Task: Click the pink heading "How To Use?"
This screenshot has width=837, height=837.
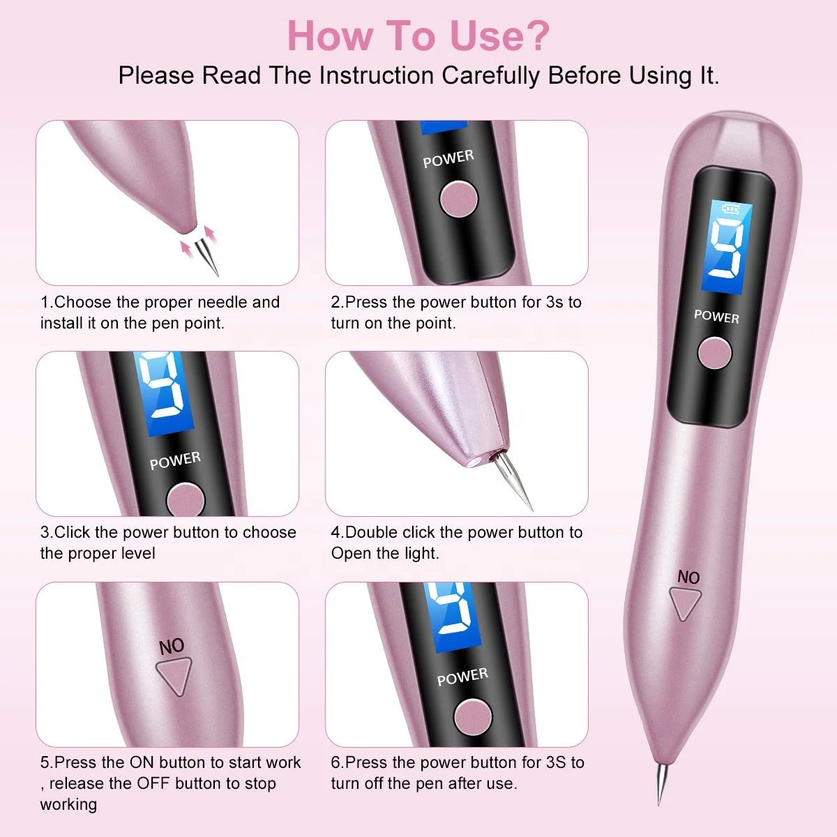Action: click(x=418, y=36)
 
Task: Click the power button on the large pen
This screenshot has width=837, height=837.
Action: click(x=714, y=353)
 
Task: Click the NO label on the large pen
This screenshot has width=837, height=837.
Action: click(x=688, y=577)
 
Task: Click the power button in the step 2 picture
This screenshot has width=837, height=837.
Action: click(x=458, y=197)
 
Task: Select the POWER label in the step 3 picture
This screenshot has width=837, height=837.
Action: click(x=175, y=460)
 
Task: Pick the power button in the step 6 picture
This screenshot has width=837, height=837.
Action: click(x=473, y=717)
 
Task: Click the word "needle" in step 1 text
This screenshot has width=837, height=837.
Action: click(x=223, y=302)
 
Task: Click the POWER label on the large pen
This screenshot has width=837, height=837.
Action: click(x=716, y=316)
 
